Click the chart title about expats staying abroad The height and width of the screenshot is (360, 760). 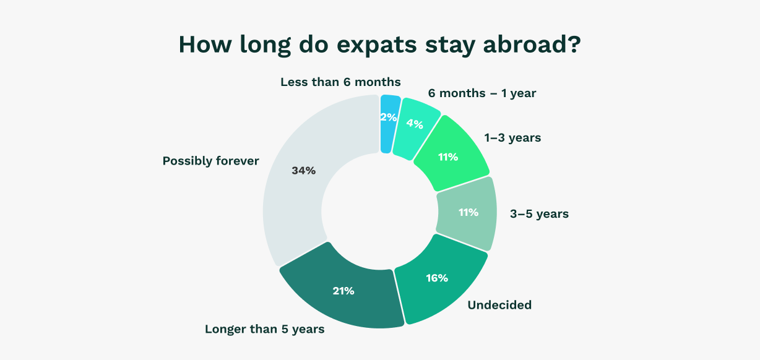click(x=379, y=46)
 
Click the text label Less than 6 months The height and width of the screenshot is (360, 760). click(x=340, y=82)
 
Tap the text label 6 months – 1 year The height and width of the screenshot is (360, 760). click(x=482, y=93)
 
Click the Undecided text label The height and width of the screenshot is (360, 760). click(x=499, y=304)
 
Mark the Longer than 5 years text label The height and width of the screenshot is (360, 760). click(x=264, y=329)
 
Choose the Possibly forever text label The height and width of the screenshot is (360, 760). click(x=210, y=161)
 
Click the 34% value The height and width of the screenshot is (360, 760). click(x=303, y=171)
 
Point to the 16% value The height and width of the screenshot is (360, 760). click(x=436, y=278)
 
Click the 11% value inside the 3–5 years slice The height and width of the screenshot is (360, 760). click(x=468, y=212)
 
